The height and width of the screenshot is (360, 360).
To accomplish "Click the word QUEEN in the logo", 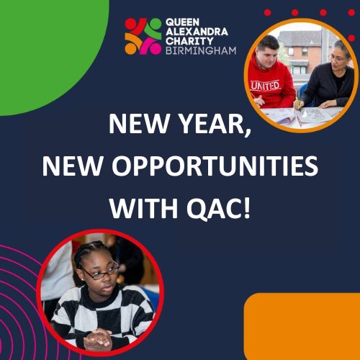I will coord(186,22).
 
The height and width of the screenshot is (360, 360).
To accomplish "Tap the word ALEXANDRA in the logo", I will coord(194,32).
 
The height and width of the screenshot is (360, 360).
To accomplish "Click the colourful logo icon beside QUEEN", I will coord(143,36).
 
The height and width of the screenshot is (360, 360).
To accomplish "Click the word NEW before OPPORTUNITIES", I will coord(73,168).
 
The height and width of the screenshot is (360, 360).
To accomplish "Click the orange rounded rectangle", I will coord(302,328).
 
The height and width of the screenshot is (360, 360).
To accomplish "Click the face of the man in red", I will coord(268,54).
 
